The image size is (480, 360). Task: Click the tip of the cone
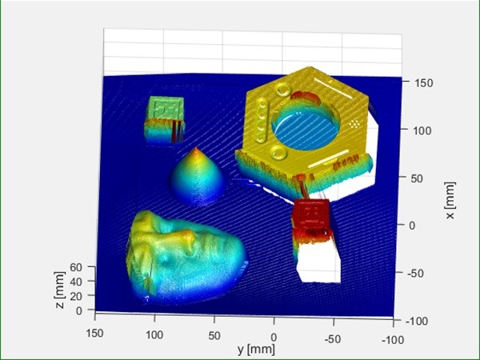tap(196, 148)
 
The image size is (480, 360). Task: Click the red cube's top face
tap(310, 212)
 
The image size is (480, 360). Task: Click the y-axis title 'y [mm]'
tap(256, 349)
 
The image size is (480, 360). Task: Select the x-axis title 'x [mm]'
tap(450, 201)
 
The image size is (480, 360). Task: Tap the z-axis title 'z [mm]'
tap(60, 290)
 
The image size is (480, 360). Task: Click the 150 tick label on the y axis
tap(94, 333)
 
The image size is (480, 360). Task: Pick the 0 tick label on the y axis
tap(274, 338)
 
